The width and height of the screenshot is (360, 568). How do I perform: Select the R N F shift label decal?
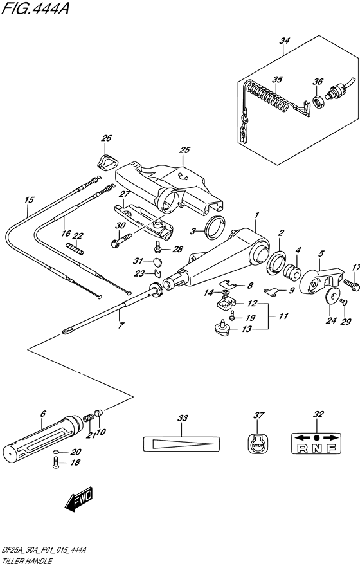coord(316,443)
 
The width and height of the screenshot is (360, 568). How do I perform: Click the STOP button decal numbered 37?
coord(258,443)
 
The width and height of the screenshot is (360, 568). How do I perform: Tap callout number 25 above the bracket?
coord(184,151)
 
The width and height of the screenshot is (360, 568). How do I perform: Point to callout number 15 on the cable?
coord(28,200)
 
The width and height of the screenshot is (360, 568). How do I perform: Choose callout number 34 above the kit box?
coord(283,42)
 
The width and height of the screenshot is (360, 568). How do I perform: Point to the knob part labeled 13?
coord(221,329)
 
